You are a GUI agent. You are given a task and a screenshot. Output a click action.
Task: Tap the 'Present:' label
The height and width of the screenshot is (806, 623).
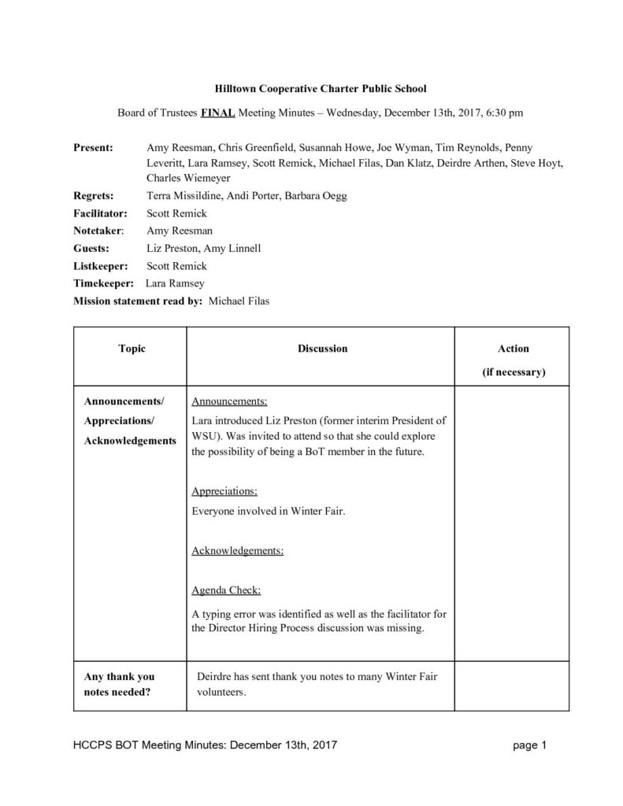coord(93,147)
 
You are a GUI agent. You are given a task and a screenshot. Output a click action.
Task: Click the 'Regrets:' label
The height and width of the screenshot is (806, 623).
coord(93,195)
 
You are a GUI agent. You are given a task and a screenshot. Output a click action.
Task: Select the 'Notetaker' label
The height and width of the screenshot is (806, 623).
coord(98,231)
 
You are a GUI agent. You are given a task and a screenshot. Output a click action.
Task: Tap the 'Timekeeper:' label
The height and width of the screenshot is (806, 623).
coord(101,283)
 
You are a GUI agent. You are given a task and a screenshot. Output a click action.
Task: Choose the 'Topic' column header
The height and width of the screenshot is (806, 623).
coord(132,348)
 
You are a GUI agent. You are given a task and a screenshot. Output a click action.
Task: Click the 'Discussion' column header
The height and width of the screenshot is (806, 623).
coord(322,348)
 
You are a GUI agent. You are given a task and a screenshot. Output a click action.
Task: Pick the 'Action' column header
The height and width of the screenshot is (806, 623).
coord(514,348)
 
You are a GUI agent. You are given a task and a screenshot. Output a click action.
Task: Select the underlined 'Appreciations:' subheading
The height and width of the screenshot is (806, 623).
coord(224,491)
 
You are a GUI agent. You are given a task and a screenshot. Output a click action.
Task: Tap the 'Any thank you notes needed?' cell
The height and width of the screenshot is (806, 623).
coord(120,684)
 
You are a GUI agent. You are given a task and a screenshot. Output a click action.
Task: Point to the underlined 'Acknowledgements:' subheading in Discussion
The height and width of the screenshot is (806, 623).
coord(237,550)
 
